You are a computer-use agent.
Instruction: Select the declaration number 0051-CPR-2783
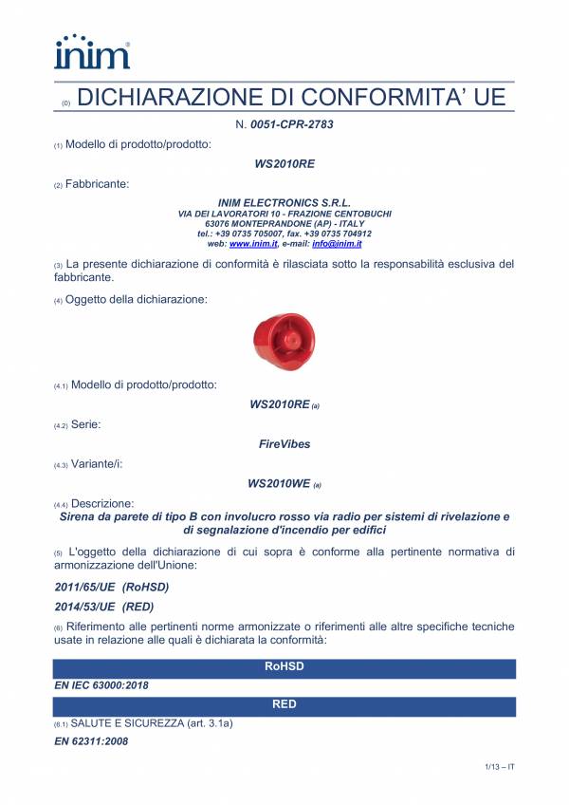(x=291, y=124)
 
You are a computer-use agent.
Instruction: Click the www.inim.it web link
(x=251, y=244)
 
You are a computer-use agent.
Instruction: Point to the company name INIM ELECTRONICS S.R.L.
(x=284, y=203)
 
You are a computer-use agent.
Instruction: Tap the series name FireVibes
(x=284, y=443)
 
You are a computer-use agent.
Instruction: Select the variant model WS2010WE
(x=279, y=483)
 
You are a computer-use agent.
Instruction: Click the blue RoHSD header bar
(x=284, y=667)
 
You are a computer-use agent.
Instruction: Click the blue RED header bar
(x=284, y=705)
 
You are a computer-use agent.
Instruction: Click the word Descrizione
(x=101, y=502)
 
